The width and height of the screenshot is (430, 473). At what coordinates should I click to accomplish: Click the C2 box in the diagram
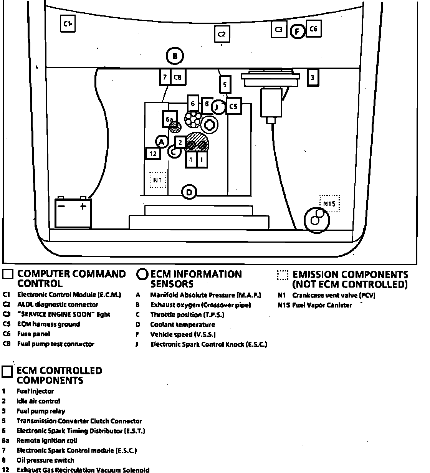tap(222, 34)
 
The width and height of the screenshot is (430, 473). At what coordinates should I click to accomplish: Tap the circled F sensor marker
tap(298, 31)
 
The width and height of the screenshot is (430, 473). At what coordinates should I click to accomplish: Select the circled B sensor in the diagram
tap(175, 56)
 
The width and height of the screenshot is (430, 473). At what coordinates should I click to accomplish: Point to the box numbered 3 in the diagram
tap(313, 78)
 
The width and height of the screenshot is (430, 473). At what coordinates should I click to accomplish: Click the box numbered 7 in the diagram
tap(165, 77)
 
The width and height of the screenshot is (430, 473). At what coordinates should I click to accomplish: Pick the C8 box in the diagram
tap(178, 77)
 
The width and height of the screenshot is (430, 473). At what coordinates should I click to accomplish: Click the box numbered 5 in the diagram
tap(225, 84)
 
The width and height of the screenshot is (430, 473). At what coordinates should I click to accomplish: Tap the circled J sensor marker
tap(218, 107)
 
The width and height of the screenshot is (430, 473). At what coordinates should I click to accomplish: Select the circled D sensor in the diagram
tap(189, 192)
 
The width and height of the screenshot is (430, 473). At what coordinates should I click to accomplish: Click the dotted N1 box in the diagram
tap(157, 180)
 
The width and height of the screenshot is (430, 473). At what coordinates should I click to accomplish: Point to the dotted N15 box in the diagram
tap(329, 203)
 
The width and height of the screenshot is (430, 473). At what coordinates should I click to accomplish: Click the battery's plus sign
tap(83, 207)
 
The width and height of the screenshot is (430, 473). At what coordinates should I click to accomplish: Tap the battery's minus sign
tap(61, 207)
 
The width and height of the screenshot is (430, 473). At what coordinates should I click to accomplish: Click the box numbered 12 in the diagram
tap(153, 154)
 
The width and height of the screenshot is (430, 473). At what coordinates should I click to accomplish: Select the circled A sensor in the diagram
tap(162, 142)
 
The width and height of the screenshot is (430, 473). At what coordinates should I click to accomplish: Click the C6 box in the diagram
tap(313, 29)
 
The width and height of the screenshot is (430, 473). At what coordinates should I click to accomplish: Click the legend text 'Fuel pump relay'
tap(41, 411)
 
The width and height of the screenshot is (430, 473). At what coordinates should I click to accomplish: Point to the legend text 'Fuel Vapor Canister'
tap(322, 305)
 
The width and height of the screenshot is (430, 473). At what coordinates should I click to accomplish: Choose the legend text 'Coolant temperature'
tap(182, 324)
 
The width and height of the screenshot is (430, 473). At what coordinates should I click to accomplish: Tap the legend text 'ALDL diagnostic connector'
tap(58, 304)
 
